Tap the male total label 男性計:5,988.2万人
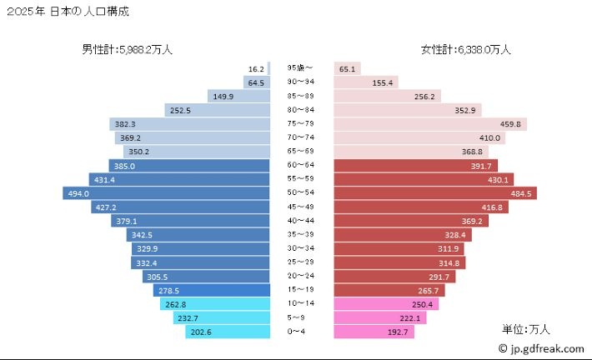[127, 50]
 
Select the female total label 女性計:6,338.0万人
[466, 50]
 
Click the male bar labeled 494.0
[167, 193]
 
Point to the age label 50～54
[302, 193]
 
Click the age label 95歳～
[301, 68]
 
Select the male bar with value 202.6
[228, 332]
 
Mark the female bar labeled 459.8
[430, 124]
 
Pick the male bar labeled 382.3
[190, 124]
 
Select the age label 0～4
[302, 332]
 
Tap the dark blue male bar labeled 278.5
[213, 290]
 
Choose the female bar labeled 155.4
[366, 82]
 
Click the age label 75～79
[302, 124]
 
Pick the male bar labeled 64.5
[257, 82]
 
